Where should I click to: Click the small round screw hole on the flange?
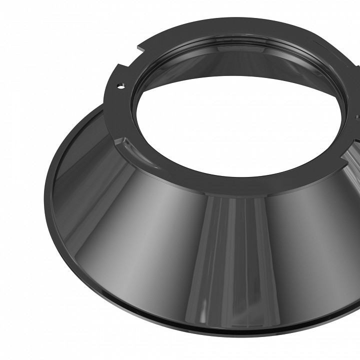[120, 85]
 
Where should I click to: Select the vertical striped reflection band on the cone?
[235, 260]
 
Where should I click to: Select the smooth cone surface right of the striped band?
[310, 250]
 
